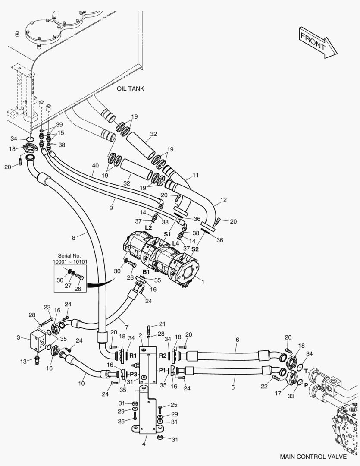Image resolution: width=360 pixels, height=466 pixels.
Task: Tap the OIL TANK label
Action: tap(130, 88)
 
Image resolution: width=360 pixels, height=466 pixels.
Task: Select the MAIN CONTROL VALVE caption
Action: tap(313, 457)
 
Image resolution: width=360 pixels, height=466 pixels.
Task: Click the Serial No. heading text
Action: tap(69, 255)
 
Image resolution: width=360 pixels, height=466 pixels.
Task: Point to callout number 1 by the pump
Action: tap(203, 282)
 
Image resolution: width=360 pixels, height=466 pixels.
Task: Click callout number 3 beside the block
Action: tap(19, 337)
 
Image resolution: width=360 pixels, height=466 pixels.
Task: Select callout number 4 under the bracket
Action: tap(144, 444)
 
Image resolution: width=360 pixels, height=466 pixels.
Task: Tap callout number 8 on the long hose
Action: tap(73, 237)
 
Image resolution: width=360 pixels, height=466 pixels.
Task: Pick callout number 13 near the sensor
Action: tap(23, 362)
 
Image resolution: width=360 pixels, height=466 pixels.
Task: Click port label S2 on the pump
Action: tap(195, 249)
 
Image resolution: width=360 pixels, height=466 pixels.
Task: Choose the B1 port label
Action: tap(146, 272)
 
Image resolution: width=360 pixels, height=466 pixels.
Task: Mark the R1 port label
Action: tap(133, 356)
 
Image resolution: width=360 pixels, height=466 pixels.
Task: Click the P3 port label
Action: tap(133, 374)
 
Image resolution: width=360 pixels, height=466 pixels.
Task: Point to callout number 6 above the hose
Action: tap(237, 340)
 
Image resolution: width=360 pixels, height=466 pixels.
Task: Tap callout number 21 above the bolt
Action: tap(162, 324)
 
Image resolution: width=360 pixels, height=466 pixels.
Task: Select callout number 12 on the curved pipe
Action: tap(223, 200)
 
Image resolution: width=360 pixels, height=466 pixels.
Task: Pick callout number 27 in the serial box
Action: tap(68, 286)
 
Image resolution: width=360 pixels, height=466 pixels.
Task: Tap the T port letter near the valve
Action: tap(306, 371)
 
